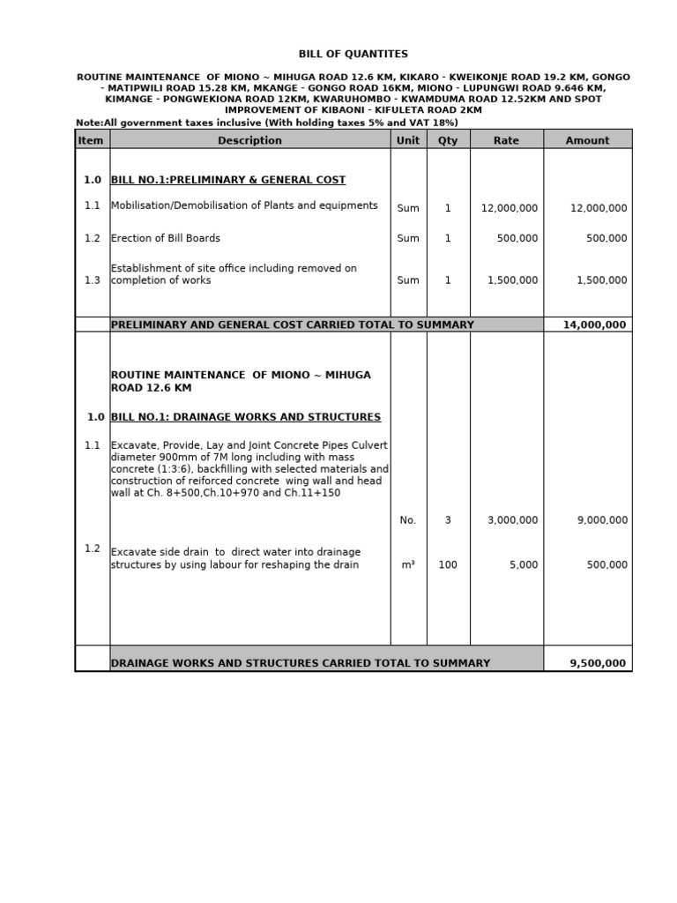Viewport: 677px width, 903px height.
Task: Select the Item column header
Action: pyautogui.click(x=91, y=140)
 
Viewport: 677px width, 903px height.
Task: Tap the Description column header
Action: pyautogui.click(x=249, y=140)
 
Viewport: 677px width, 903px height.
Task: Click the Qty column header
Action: pyautogui.click(x=448, y=140)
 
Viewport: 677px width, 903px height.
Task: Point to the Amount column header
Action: pyautogui.click(x=587, y=140)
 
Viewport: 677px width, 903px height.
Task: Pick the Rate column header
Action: pyautogui.click(x=506, y=140)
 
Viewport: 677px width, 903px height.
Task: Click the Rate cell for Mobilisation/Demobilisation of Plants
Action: pyautogui.click(x=509, y=209)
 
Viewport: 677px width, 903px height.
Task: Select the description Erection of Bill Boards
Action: pyautogui.click(x=166, y=238)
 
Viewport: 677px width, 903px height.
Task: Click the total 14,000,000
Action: pyautogui.click(x=594, y=325)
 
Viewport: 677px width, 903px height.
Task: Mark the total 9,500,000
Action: pyautogui.click(x=598, y=663)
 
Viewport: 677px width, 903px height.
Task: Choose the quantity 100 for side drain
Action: pyautogui.click(x=448, y=565)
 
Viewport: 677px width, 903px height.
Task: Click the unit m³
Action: pyautogui.click(x=407, y=565)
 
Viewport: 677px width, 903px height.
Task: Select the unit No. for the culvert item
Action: pyautogui.click(x=407, y=520)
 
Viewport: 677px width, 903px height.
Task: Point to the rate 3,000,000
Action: pyautogui.click(x=512, y=520)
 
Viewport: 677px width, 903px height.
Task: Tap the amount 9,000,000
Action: pyautogui.click(x=602, y=520)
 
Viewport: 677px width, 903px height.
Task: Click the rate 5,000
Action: pyautogui.click(x=523, y=565)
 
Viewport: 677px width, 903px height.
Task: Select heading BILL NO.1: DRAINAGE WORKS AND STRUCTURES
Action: pyautogui.click(x=246, y=417)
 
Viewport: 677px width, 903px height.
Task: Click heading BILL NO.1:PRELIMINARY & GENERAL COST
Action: pyautogui.click(x=228, y=180)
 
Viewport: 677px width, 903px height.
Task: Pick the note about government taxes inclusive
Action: pyautogui.click(x=267, y=123)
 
